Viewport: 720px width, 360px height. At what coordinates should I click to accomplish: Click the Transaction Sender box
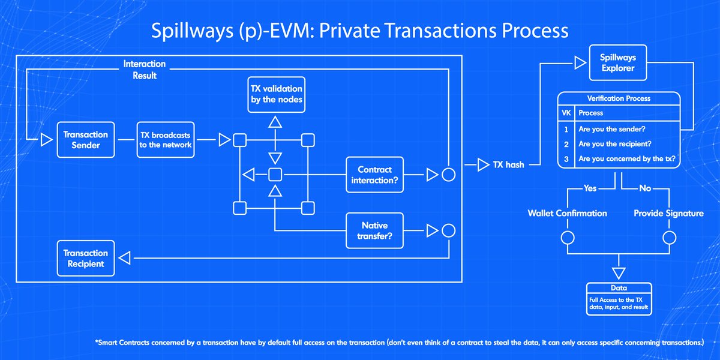(x=86, y=140)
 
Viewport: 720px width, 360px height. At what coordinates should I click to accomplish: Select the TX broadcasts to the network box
(x=166, y=140)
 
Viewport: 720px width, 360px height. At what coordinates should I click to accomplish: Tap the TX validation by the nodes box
(x=276, y=94)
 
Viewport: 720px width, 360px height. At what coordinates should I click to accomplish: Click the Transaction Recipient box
(x=86, y=259)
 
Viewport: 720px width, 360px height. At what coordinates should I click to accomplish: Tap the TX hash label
(x=507, y=165)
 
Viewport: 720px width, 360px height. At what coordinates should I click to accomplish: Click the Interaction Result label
(x=144, y=70)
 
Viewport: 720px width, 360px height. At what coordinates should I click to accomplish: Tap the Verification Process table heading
(x=618, y=98)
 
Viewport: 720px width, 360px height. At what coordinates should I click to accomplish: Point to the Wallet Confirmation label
(x=568, y=213)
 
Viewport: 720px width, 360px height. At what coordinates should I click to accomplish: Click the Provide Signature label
(x=668, y=213)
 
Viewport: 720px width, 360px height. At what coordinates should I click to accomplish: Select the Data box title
(x=618, y=289)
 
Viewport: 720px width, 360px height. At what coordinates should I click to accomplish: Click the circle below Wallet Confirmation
(x=568, y=238)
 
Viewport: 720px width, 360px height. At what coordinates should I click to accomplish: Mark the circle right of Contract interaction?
(x=448, y=175)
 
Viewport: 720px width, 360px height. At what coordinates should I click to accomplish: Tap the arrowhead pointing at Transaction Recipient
(x=125, y=259)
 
